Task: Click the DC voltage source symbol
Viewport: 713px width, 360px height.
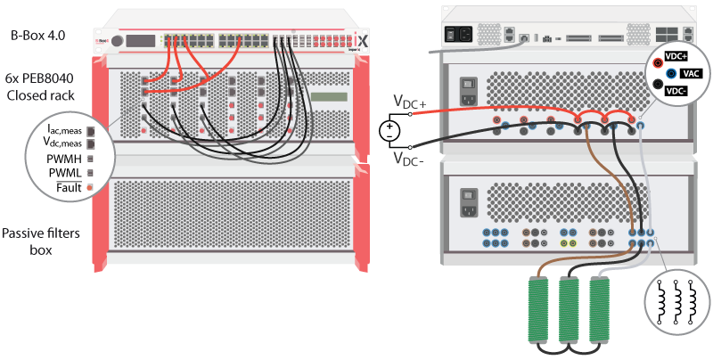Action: [389, 131]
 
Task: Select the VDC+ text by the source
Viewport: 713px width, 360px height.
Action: [410, 104]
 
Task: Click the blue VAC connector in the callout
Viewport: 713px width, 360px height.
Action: [671, 76]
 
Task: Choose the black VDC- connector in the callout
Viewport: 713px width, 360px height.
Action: [659, 90]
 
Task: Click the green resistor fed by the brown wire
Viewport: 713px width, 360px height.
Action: [537, 307]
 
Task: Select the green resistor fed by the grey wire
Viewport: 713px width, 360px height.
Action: [599, 307]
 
